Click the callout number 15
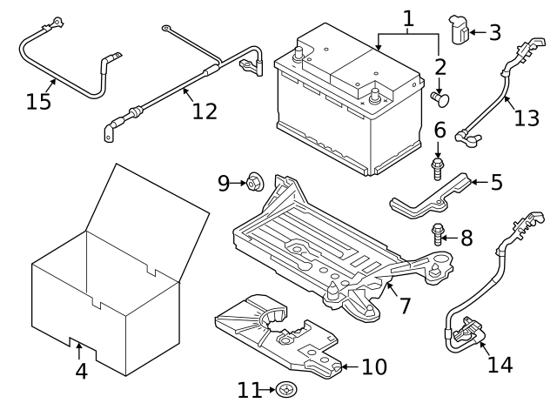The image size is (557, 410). click(38, 102)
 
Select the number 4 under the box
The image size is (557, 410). click(81, 371)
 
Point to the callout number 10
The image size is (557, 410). click(373, 367)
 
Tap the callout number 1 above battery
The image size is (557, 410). click(408, 17)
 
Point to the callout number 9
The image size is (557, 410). click(224, 183)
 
